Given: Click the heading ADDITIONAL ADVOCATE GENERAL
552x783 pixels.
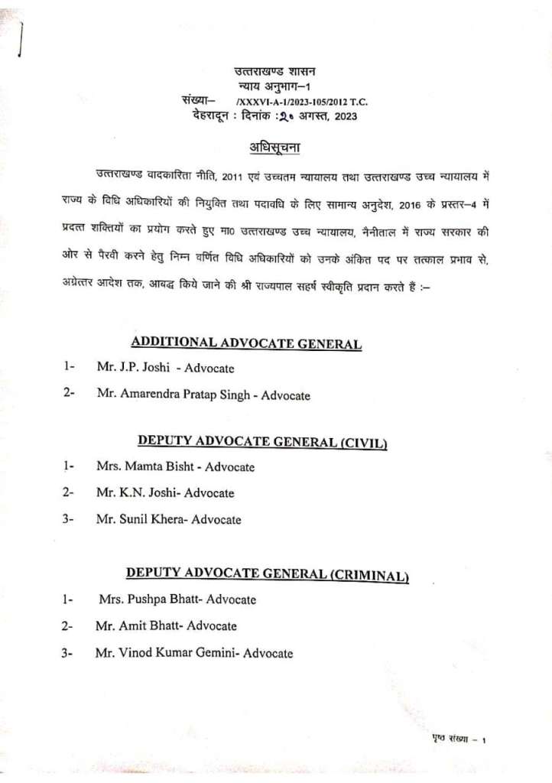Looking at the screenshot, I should pyautogui.click(x=246, y=343).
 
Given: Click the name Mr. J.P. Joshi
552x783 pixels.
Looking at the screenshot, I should pyautogui.click(x=132, y=367).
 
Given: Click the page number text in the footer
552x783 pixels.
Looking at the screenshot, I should pyautogui.click(x=455, y=739).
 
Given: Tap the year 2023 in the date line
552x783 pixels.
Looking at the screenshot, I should pyautogui.click(x=342, y=116).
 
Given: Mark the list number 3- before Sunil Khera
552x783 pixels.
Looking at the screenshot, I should pyautogui.click(x=68, y=519).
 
